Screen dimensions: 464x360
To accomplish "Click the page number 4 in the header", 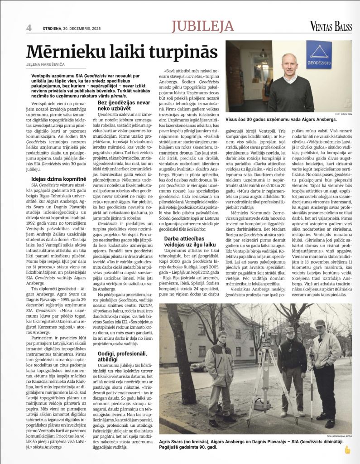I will pyautogui.click(x=29, y=27).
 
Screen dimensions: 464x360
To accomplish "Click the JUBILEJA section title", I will pyautogui.click(x=202, y=27).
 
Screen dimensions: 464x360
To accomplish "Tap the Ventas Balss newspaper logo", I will pyautogui.click(x=331, y=27).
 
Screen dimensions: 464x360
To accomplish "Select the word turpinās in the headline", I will pyautogui.click(x=183, y=51).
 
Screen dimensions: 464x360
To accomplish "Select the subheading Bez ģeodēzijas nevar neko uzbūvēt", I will pyautogui.click(x=124, y=106).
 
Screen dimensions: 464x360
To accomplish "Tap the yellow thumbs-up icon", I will pyautogui.click(x=347, y=450).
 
